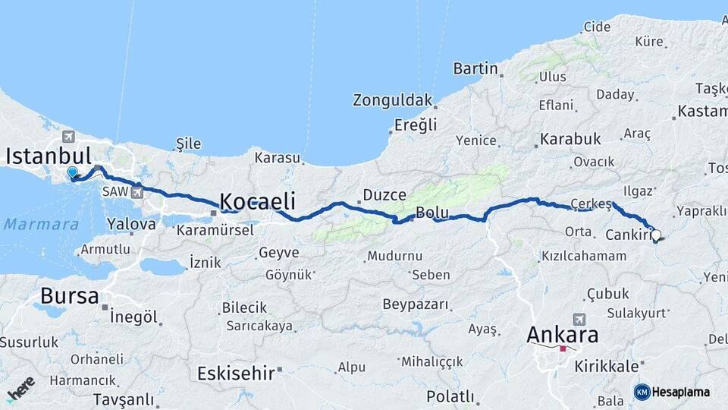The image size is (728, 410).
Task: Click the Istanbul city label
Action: (x=49, y=156)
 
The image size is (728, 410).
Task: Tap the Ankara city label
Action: (x=563, y=334)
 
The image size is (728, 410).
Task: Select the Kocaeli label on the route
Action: (x=257, y=201)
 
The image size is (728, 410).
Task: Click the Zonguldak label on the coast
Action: (x=392, y=100)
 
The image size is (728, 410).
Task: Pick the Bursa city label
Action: (x=70, y=295)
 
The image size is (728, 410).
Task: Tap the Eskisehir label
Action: (x=236, y=373)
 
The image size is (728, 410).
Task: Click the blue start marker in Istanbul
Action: (x=72, y=173)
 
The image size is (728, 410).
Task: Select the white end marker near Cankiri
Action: (x=656, y=235)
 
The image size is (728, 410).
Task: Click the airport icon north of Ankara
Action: (x=580, y=319)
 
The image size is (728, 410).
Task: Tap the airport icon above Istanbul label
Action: (x=70, y=137)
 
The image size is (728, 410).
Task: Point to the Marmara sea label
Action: (x=41, y=225)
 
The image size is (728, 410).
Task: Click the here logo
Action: (x=20, y=388)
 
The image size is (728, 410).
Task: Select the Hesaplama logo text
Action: (x=680, y=392)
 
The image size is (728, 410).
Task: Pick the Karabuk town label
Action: (x=570, y=140)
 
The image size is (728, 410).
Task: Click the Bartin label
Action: (x=475, y=69)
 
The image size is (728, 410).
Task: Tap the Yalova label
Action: (x=131, y=224)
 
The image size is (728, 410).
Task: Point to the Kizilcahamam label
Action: (x=584, y=257)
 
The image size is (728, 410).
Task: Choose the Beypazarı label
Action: (x=416, y=304)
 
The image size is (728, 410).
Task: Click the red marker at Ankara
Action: (x=563, y=348)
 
